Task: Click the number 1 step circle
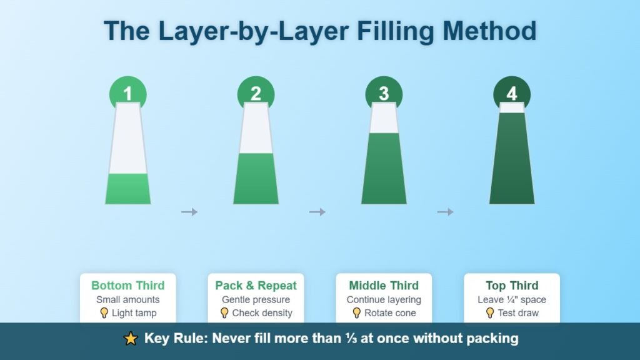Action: pyautogui.click(x=127, y=93)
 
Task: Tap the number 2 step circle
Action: pyautogui.click(x=256, y=93)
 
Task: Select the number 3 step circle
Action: pyautogui.click(x=384, y=93)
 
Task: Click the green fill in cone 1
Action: pyautogui.click(x=127, y=189)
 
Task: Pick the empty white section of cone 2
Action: pyautogui.click(x=256, y=128)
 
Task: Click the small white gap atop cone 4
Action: pyautogui.click(x=512, y=107)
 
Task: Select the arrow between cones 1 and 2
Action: pyautogui.click(x=189, y=212)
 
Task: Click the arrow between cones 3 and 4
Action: pyautogui.click(x=445, y=212)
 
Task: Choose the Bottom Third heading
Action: pyautogui.click(x=127, y=286)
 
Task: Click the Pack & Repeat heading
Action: pyautogui.click(x=256, y=286)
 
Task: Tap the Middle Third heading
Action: pyautogui.click(x=384, y=286)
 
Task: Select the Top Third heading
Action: pyautogui.click(x=512, y=286)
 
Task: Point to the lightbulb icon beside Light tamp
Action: pyautogui.click(x=104, y=312)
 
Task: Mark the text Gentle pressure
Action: pyautogui.click(x=256, y=300)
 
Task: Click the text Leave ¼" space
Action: pyautogui.click(x=512, y=300)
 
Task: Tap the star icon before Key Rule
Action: pyautogui.click(x=131, y=339)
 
